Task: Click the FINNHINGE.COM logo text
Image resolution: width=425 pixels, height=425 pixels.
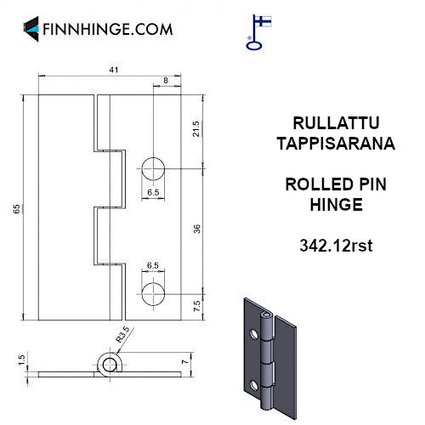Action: pos(107,29)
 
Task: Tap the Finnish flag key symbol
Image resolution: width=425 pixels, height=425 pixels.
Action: pos(258,32)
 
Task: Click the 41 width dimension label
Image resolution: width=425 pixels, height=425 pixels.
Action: pos(114,70)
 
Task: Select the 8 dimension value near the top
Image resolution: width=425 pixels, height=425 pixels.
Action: pos(166,81)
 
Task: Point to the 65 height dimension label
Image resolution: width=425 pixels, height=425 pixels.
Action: pos(17,209)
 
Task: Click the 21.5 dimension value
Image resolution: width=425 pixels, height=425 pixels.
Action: pos(195,129)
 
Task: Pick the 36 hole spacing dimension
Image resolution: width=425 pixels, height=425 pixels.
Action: pos(196,229)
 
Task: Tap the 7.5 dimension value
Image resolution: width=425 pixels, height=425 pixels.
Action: pos(196,306)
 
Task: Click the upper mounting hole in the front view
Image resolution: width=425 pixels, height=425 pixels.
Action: pos(153,169)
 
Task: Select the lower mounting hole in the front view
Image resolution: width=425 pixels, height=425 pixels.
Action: pos(153,294)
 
